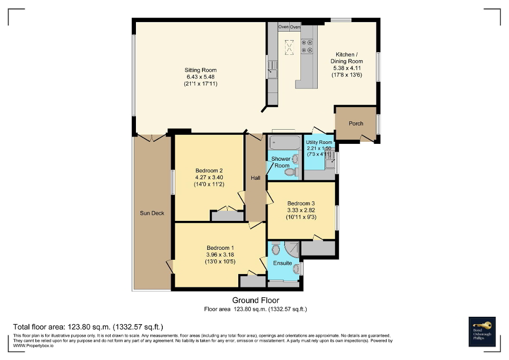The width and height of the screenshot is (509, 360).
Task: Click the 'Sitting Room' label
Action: [200, 70]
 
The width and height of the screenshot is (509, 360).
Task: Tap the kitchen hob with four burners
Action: [307, 46]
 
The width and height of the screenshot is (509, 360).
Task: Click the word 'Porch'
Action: [356, 124]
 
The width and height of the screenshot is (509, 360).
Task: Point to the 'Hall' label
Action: [256, 178]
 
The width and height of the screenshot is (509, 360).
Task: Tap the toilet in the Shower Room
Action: [296, 172]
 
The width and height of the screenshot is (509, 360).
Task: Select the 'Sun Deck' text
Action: [152, 213]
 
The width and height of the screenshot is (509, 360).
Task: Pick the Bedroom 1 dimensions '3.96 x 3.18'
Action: [220, 255]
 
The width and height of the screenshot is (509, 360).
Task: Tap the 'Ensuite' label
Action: [282, 263]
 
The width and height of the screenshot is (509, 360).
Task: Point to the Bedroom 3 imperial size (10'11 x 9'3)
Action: [301, 217]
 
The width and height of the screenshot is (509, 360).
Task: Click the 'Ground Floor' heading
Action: [256, 300]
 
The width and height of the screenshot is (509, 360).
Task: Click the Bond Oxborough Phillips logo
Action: [482, 331]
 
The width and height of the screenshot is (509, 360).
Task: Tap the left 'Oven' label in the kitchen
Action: [283, 26]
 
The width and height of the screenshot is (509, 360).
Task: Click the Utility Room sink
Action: [330, 162]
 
